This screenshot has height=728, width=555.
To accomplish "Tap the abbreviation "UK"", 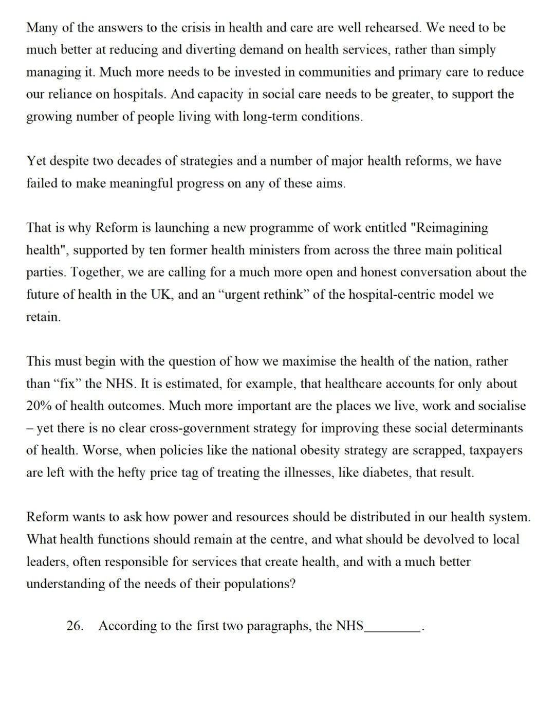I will [163, 295].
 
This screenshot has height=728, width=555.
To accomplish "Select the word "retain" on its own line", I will [43, 317].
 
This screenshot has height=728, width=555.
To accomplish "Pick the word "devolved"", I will [452, 539].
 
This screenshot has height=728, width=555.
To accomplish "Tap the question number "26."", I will [75, 626].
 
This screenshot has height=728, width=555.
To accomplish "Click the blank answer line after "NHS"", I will [392, 627].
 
